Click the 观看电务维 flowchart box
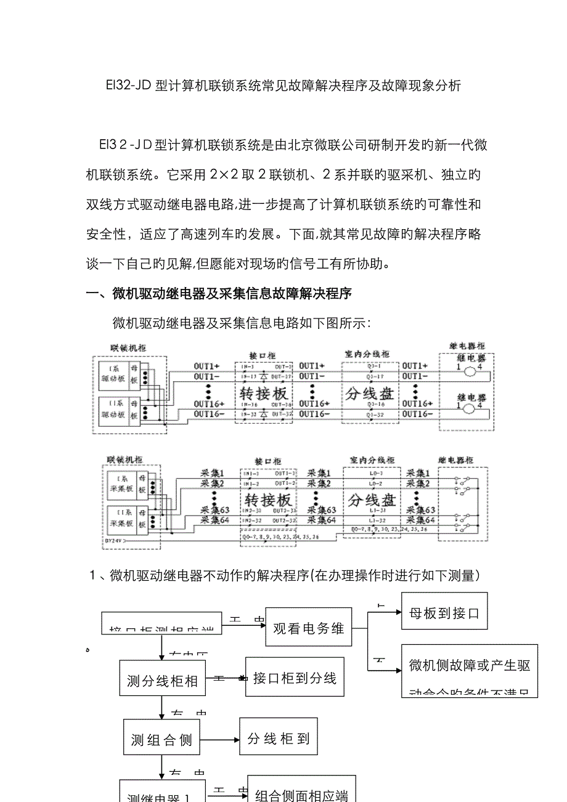tap(309, 628)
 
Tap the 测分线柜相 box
tap(161, 681)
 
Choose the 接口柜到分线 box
tap(295, 678)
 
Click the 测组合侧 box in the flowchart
tap(161, 740)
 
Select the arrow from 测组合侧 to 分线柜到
tap(219, 739)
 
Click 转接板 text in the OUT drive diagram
tap(264, 393)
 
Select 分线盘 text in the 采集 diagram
tap(370, 499)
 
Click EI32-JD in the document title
tap(129, 86)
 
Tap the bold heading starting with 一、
tap(219, 294)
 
